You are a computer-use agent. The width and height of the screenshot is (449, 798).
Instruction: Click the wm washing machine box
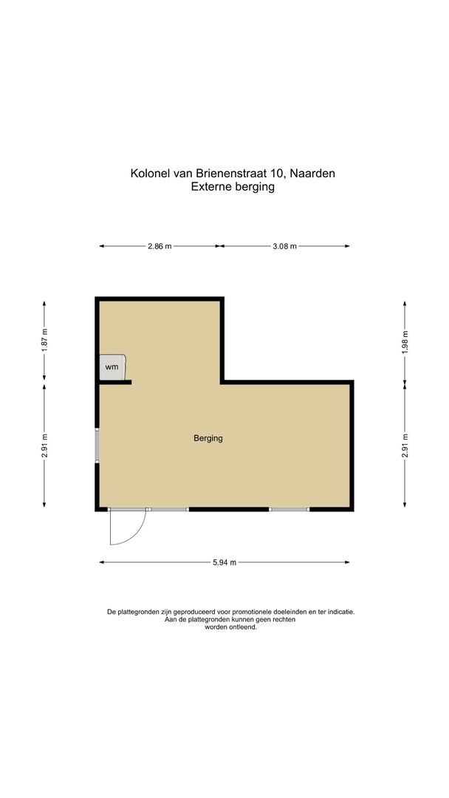[x=113, y=366]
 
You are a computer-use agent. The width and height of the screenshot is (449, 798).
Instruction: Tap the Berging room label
[x=208, y=438]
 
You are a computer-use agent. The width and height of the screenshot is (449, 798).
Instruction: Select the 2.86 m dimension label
[x=160, y=247]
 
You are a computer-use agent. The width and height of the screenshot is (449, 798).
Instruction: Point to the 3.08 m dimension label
[x=285, y=247]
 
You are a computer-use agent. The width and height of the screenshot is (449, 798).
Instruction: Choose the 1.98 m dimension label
[x=405, y=342]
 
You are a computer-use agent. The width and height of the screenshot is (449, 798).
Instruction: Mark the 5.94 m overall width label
[x=224, y=563]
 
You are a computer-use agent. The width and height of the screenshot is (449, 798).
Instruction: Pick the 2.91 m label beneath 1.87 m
[x=44, y=446]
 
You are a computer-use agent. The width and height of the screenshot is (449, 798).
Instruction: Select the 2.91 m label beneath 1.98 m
[x=405, y=446]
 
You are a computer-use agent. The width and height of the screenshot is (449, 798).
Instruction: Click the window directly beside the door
[x=168, y=509]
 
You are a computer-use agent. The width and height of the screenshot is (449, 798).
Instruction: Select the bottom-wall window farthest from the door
[x=289, y=509]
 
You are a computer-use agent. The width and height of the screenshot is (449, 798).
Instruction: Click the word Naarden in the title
[x=313, y=174]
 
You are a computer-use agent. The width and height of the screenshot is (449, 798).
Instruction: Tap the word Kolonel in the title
[x=150, y=174]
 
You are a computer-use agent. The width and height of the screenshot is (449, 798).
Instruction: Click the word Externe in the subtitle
[x=211, y=188]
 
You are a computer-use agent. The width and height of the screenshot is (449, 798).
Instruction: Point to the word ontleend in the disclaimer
[x=243, y=627]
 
